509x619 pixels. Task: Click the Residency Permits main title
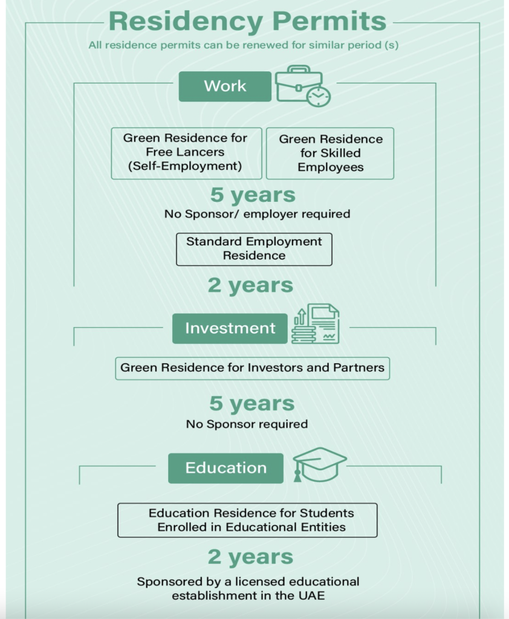coord(248,21)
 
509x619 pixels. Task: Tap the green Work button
coord(225,86)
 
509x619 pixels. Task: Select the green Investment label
coord(230,328)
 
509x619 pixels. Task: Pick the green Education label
coord(226,468)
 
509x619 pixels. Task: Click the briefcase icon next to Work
coord(302,86)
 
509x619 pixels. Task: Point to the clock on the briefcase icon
coord(318,96)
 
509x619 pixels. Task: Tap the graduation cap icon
coord(319,465)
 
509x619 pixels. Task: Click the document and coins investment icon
coord(316,324)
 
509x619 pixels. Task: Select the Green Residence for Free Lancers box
coord(186,153)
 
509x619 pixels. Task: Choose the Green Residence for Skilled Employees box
coord(330,153)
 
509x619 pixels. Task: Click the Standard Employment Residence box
coord(254,249)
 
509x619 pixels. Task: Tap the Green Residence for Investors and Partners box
coord(252,368)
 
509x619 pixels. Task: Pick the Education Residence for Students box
coord(247,520)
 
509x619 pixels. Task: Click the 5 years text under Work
coord(253,195)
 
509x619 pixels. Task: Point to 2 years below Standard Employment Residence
coord(250,285)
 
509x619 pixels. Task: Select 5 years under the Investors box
coord(252,403)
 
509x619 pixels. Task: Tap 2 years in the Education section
coord(250,557)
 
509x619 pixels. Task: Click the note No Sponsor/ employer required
coord(257,214)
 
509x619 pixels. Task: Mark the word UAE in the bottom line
coord(312,595)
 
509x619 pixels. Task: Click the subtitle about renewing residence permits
coord(243,45)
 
